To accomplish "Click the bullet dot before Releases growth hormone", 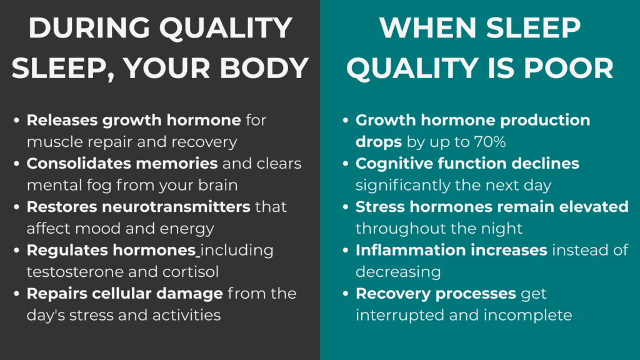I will tap(17, 121).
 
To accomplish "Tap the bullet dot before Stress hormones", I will tap(346, 207).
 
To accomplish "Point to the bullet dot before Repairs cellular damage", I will tap(17, 294).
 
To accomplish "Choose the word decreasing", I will tap(398, 272).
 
